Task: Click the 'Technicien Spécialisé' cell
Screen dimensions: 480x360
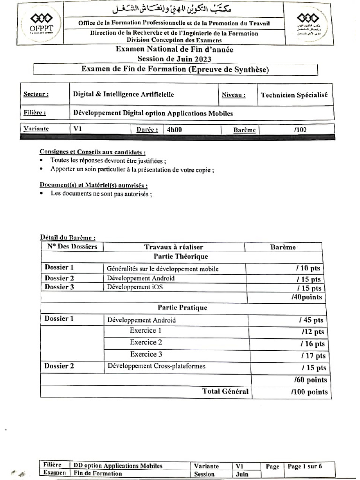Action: (294, 95)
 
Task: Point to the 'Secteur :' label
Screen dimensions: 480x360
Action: (36, 95)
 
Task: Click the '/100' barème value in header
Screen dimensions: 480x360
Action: (300, 129)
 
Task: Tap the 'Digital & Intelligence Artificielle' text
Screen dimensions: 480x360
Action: (123, 94)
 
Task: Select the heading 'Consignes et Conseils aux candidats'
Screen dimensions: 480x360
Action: (92, 152)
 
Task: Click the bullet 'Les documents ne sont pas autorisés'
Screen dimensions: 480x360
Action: (101, 194)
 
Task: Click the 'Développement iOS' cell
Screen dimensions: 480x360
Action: (135, 287)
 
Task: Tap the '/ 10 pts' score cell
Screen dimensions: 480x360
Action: (309, 269)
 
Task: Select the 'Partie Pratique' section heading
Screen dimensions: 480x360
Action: (182, 308)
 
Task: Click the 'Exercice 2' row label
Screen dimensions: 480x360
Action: (146, 342)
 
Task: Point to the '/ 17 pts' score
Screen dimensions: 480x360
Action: (312, 355)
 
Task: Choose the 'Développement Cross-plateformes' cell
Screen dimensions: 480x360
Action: (157, 366)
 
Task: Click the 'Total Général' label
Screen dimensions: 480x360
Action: (225, 391)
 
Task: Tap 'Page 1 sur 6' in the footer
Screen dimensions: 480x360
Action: (304, 466)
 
